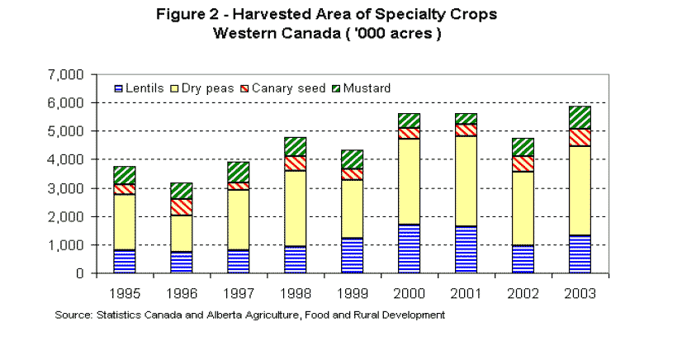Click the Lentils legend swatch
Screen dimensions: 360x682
[119, 88]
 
